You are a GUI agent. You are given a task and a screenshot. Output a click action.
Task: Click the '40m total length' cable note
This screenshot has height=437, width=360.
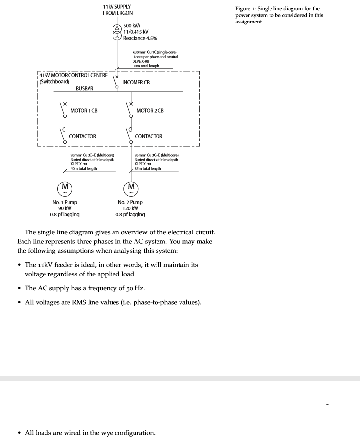pyautogui.click(x=84, y=168)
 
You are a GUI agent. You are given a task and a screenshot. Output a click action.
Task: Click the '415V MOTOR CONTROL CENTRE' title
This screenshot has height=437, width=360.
pyautogui.click(x=73, y=75)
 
